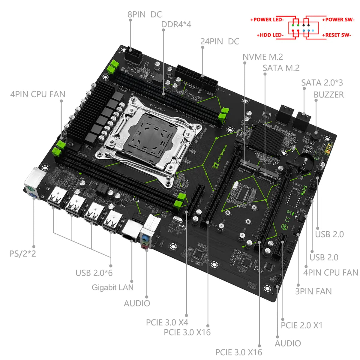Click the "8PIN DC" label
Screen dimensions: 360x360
[145, 14]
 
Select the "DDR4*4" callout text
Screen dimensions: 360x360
[176, 24]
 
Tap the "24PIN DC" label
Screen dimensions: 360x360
[220, 41]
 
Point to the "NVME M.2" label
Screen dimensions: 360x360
[262, 57]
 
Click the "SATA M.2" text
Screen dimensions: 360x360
[281, 68]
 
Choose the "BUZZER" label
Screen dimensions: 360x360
[328, 94]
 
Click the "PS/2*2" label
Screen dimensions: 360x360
[22, 253]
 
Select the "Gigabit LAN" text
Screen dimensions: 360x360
[112, 287]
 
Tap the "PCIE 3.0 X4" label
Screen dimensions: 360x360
[167, 322]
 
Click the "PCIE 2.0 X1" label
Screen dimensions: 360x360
[301, 325]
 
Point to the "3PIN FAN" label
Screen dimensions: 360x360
[313, 291]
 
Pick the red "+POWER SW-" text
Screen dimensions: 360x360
[338, 20]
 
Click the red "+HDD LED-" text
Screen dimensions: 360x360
[270, 35]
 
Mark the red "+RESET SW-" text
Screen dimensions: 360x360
[336, 35]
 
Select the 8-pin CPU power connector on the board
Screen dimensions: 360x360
[134, 55]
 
